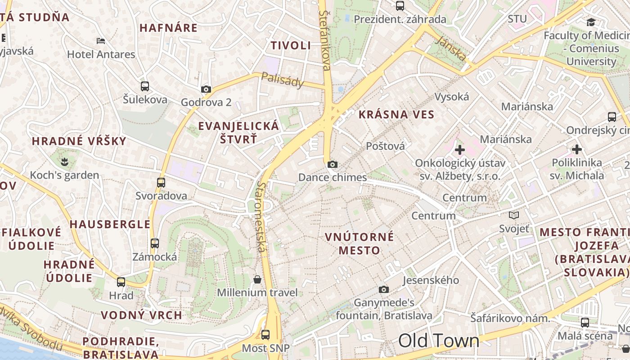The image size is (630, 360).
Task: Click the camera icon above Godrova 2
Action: (x=206, y=89)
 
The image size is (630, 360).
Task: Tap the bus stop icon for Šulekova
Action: (x=144, y=86)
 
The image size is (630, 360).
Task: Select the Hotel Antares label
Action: (x=101, y=54)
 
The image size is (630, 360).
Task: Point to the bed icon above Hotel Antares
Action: (x=101, y=41)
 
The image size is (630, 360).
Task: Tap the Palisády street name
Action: (x=282, y=80)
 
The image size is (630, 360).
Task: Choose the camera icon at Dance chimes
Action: (x=333, y=164)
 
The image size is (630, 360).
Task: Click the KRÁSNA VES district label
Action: (x=396, y=115)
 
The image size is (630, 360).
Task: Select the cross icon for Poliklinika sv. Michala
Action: (x=577, y=149)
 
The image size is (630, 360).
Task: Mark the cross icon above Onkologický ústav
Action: (x=460, y=149)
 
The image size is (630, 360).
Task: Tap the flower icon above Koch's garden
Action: (x=65, y=161)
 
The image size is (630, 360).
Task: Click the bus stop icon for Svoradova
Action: (x=161, y=183)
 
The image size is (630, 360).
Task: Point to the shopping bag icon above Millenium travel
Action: (x=257, y=279)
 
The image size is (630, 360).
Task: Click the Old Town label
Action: (x=439, y=341)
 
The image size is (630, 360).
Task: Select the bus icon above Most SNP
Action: (x=265, y=335)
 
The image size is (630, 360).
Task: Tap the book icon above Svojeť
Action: (x=514, y=216)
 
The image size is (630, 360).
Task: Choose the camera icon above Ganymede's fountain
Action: (x=383, y=289)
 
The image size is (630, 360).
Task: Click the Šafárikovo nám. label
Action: (x=510, y=318)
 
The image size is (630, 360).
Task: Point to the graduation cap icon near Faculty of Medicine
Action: (x=591, y=22)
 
